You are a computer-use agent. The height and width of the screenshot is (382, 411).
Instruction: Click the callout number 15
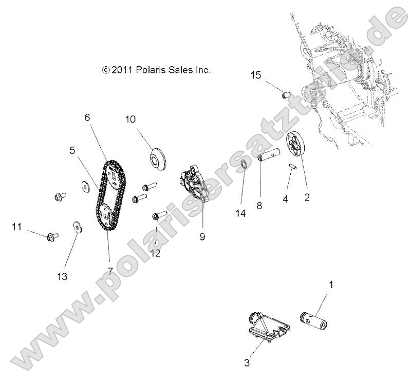click(256, 76)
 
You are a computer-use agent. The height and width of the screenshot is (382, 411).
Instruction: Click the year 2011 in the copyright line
click(123, 70)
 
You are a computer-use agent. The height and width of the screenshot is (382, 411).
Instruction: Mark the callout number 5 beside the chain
click(72, 150)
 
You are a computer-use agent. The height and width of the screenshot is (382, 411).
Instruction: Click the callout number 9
click(202, 237)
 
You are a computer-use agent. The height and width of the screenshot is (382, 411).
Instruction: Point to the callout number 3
click(247, 363)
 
